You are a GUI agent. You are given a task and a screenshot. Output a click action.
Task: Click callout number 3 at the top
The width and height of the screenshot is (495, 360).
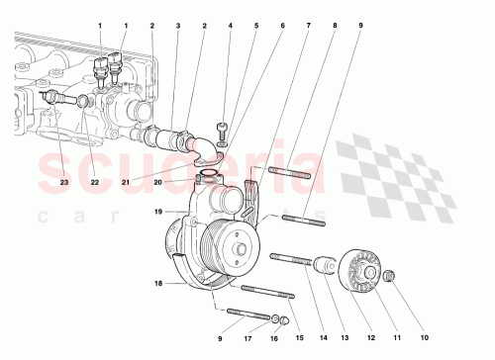pos(177,24)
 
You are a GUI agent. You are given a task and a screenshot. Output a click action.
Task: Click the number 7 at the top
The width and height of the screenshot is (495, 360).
pos(306,24)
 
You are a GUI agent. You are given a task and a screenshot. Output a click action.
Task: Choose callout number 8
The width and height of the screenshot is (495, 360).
pos(333,24)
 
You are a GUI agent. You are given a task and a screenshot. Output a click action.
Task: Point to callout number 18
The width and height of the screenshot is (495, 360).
pos(156,285)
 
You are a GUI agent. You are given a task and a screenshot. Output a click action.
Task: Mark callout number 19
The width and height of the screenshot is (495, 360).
pos(156,212)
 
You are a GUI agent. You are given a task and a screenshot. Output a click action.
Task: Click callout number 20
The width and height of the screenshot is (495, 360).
pos(184,181)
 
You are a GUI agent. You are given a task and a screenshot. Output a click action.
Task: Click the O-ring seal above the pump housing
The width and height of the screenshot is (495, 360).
pos(210,178)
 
